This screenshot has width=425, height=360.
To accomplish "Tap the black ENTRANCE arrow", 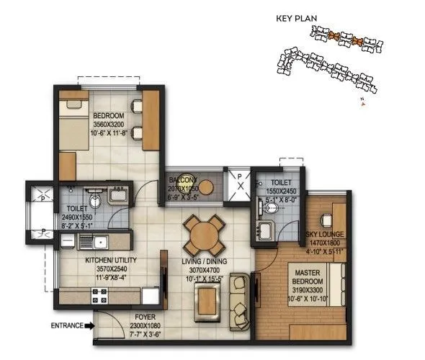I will (x=88, y=326).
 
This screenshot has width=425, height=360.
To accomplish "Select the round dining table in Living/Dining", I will (x=202, y=235).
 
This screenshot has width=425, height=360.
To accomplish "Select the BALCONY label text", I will (x=183, y=179).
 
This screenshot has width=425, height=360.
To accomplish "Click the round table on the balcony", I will (x=205, y=187).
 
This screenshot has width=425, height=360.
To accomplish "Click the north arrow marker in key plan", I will (x=364, y=104).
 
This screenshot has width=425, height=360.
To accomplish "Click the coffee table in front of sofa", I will (x=209, y=299).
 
